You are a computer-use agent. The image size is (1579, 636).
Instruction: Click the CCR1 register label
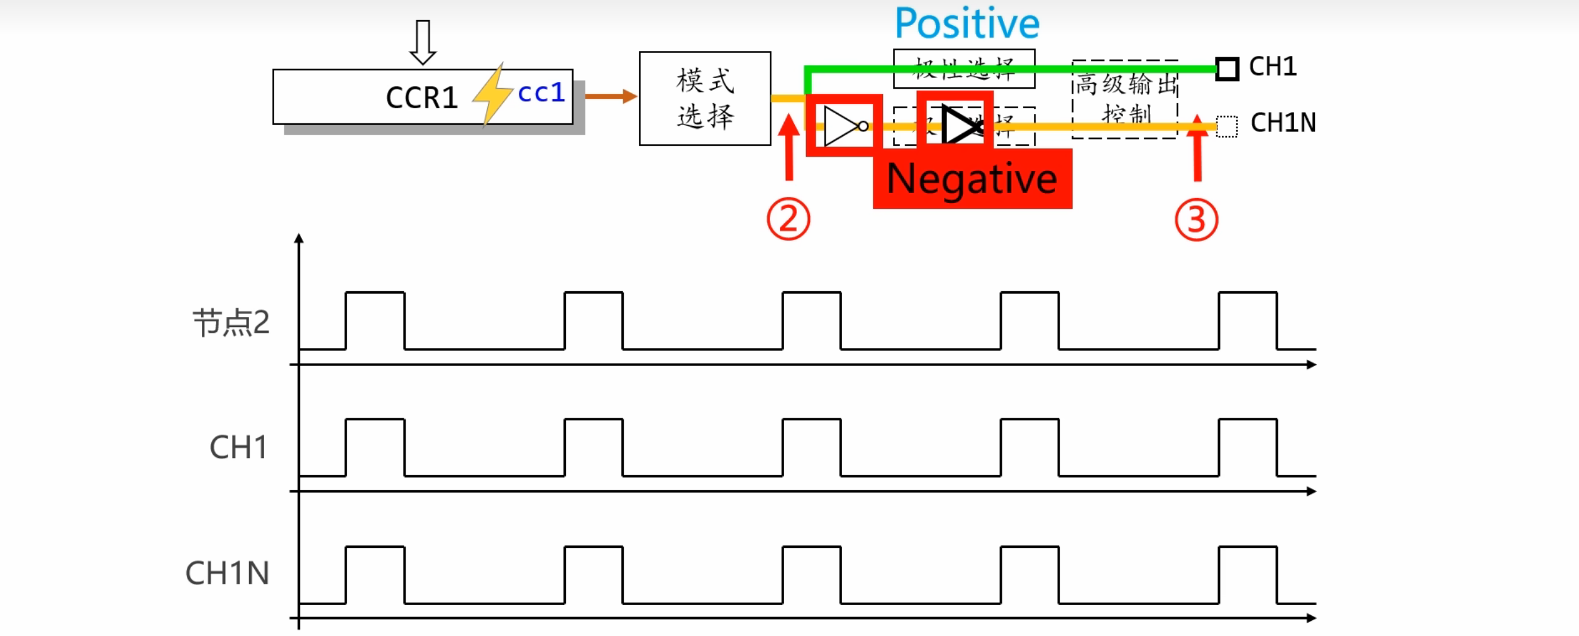[421, 98]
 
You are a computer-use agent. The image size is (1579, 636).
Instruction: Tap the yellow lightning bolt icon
[492, 94]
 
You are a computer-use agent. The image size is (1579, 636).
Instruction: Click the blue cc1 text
[541, 93]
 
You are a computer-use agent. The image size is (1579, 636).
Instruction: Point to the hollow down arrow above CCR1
[423, 42]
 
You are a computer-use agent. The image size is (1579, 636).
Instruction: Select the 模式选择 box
[704, 99]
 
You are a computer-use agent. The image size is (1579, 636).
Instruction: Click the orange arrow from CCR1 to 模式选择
[610, 96]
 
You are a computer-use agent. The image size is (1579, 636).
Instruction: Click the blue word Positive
[967, 24]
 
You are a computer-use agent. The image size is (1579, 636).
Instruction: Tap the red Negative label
[972, 179]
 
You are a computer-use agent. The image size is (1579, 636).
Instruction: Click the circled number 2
[788, 220]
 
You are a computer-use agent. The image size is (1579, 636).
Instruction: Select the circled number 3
[1196, 220]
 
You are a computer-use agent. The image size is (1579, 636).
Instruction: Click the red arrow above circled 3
[1197, 148]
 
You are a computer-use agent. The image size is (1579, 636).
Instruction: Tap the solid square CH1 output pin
[1227, 69]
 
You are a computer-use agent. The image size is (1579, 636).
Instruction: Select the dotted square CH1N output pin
[1226, 126]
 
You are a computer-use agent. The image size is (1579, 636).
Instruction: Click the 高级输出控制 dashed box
[1124, 99]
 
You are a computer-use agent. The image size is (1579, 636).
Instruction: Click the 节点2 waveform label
[231, 323]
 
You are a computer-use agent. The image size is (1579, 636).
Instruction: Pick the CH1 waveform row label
[238, 448]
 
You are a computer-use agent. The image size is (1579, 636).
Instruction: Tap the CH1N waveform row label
[227, 574]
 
